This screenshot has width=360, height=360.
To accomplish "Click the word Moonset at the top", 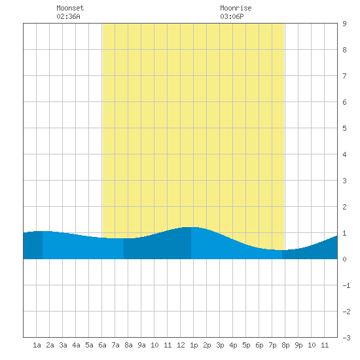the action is tap(70, 8).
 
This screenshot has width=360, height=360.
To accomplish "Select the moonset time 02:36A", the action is tap(69, 16).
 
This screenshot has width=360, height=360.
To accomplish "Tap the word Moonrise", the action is tap(236, 8).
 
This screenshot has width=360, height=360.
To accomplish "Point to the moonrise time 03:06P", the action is tap(232, 16).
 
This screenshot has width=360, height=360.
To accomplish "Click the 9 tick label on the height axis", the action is tap(344, 24).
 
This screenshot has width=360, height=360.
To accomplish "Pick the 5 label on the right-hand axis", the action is tap(344, 128).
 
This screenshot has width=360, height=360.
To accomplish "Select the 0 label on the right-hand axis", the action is tap(344, 259).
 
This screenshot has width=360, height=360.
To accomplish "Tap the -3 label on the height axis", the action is tap(346, 338).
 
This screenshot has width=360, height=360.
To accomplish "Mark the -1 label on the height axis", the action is tap(346, 285).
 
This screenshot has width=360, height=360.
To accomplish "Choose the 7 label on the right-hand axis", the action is tap(344, 76).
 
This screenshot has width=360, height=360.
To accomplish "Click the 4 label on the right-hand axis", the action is tap(344, 154).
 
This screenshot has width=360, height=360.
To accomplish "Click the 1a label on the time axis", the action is tap(37, 345).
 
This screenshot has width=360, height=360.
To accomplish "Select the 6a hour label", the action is tap(102, 345).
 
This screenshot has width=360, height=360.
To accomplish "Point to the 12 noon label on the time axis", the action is tap(181, 345).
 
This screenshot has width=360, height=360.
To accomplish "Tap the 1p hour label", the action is tap(194, 346).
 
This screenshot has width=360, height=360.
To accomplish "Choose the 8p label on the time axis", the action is tap(285, 346).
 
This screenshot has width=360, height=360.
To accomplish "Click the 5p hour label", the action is tap(246, 346).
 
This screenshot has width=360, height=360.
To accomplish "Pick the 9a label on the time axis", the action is tap(141, 345).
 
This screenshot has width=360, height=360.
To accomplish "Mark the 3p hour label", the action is tap(220, 346).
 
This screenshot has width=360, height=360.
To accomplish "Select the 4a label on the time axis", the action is tap(76, 345).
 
